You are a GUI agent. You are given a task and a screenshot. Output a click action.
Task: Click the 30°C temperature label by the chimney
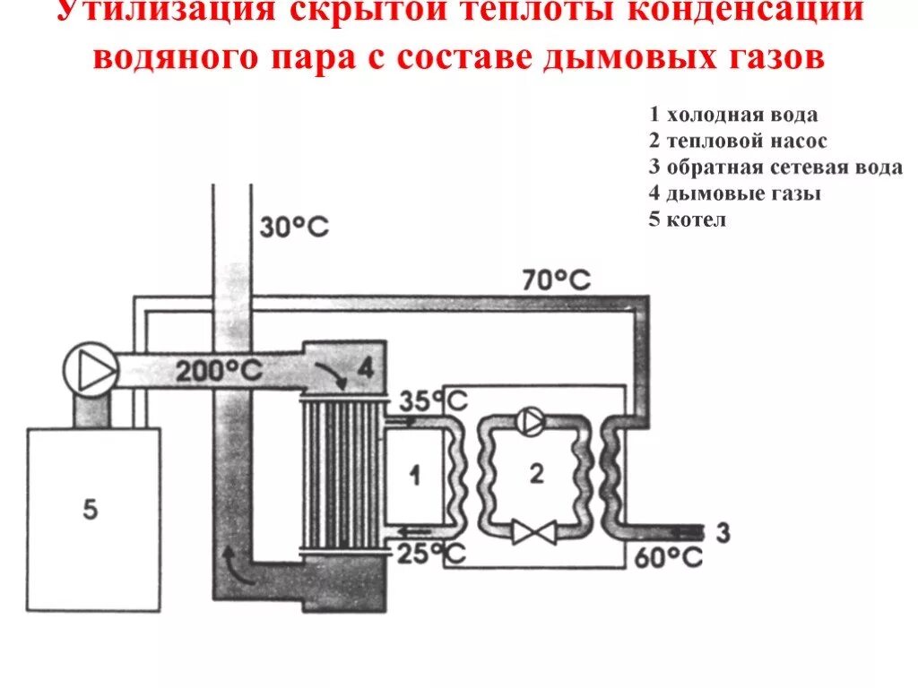294,228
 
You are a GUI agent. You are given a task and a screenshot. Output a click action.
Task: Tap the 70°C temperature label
557,280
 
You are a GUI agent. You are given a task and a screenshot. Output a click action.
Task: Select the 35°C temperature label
431,400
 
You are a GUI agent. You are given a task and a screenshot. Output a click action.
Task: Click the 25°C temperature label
431,554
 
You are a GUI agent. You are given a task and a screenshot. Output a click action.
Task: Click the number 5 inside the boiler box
90,510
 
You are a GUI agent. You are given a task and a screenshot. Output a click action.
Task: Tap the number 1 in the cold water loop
413,477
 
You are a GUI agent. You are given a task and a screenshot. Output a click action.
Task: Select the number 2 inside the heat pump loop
536,475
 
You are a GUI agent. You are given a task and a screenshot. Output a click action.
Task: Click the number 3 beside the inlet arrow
723,533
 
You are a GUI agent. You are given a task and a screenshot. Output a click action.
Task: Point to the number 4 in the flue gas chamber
365,366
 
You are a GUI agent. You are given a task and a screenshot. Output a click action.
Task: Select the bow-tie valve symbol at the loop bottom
532,534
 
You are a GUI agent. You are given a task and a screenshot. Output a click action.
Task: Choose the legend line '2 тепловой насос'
739,142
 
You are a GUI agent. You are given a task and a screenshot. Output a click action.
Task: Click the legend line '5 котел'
688,219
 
